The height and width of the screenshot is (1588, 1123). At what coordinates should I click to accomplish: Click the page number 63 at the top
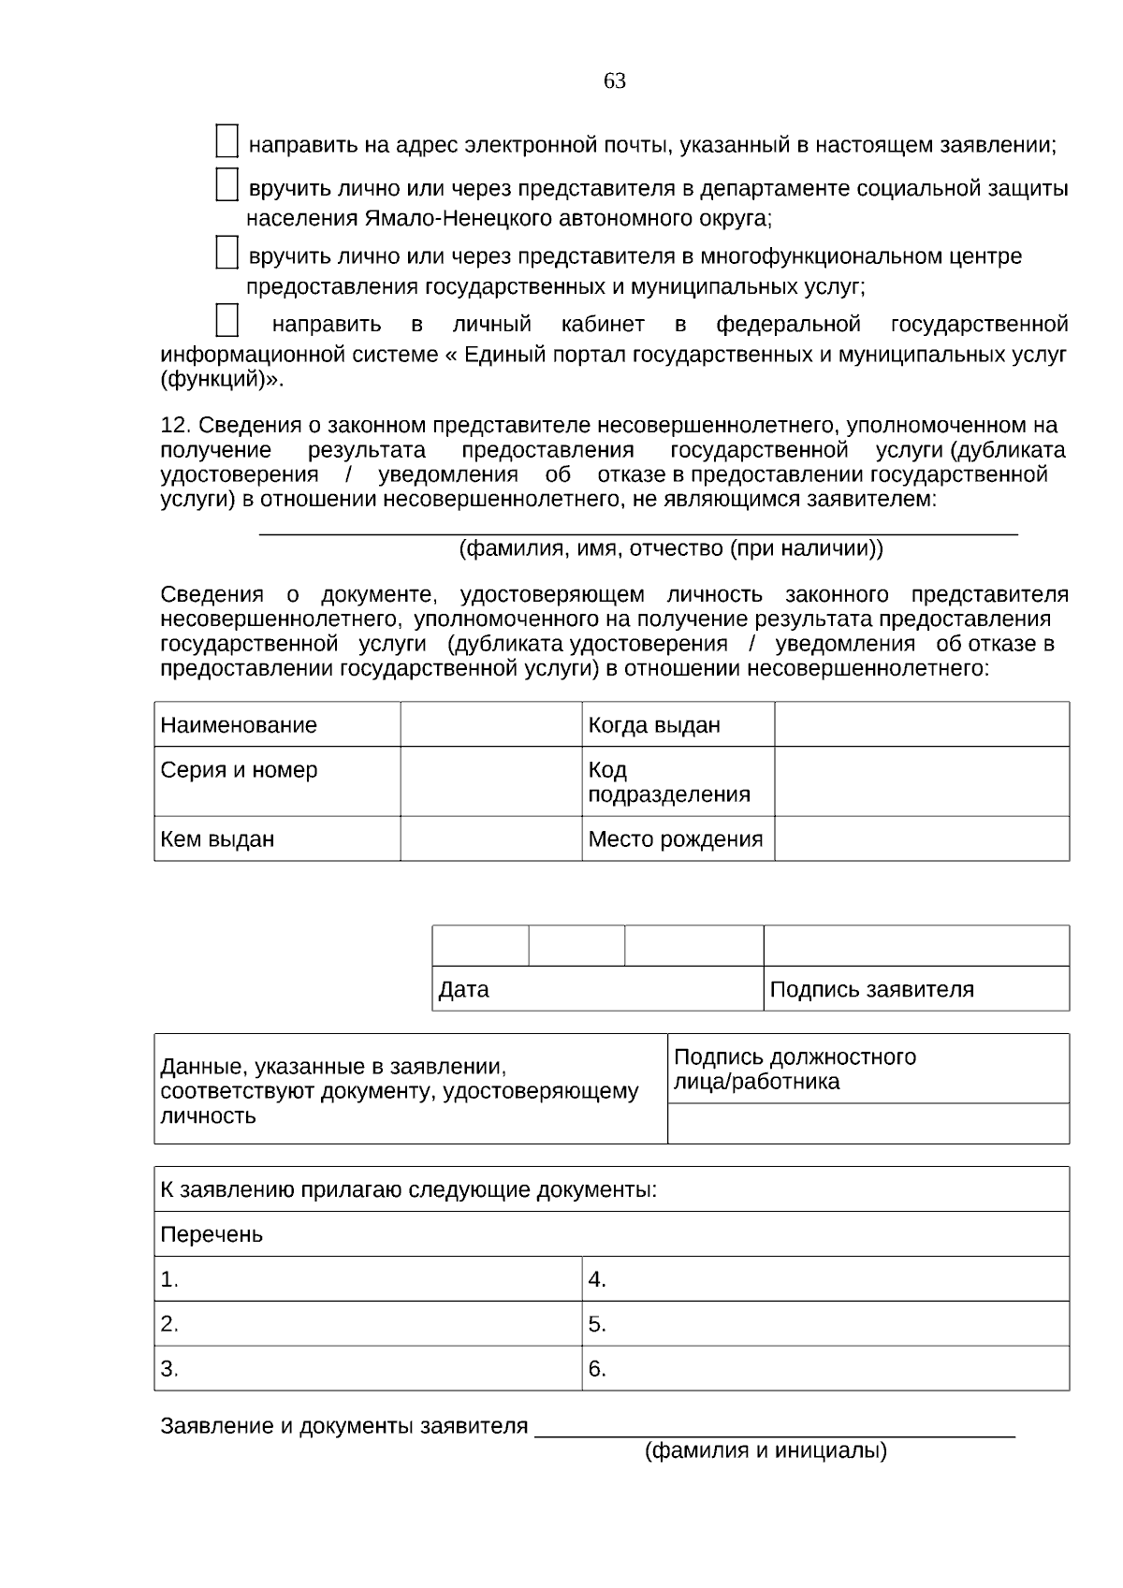(614, 81)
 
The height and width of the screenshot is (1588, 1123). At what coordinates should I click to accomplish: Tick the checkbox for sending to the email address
(226, 141)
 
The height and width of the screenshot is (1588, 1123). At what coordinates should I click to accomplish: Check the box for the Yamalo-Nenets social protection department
(226, 184)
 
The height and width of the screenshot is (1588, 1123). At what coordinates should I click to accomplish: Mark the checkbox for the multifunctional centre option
(226, 253)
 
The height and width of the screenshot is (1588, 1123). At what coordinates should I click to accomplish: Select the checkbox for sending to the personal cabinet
(226, 320)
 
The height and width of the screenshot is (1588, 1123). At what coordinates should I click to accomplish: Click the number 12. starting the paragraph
(176, 426)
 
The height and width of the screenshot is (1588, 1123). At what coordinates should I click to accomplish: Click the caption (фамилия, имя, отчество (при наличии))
(670, 548)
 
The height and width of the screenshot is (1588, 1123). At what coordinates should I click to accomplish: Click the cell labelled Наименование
(240, 725)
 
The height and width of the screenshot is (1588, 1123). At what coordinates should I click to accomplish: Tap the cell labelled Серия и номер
(240, 770)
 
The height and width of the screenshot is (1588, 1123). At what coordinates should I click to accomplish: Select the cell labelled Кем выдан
(218, 839)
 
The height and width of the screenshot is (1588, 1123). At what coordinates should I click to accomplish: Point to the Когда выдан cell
(654, 725)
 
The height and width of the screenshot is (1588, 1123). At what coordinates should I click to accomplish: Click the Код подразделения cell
(668, 782)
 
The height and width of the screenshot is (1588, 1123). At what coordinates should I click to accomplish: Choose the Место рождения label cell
(675, 839)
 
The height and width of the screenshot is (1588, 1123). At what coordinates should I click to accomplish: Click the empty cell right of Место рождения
(921, 838)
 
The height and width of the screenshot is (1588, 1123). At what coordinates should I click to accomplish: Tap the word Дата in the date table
(464, 989)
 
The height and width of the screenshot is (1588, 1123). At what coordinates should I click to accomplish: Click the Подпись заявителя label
(871, 989)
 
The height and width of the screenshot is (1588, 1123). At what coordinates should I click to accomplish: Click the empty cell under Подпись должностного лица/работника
(868, 1123)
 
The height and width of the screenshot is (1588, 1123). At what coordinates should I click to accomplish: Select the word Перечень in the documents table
(211, 1234)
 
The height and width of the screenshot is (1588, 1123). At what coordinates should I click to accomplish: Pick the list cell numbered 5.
(824, 1324)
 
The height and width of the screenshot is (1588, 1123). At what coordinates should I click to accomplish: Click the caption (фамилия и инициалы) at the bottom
(766, 1451)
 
